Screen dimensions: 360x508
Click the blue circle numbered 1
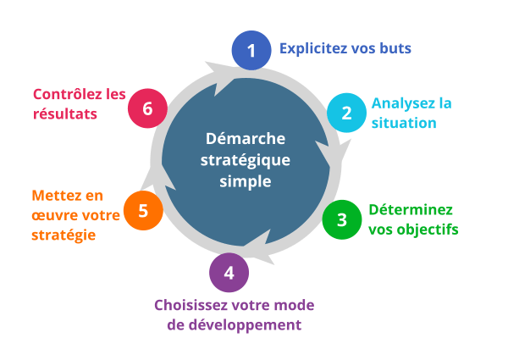point(251,51)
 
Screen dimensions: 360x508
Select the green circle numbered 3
point(341,219)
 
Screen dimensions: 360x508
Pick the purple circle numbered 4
point(229,273)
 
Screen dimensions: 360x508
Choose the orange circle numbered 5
point(143,210)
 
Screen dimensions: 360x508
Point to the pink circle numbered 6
point(148,108)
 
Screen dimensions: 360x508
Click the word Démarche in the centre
point(246,139)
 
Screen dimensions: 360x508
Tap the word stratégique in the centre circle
point(246,160)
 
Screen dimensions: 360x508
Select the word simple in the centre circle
point(246,181)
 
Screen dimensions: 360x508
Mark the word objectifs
point(428,230)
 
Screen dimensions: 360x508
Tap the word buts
point(395,48)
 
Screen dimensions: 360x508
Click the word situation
point(404,124)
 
